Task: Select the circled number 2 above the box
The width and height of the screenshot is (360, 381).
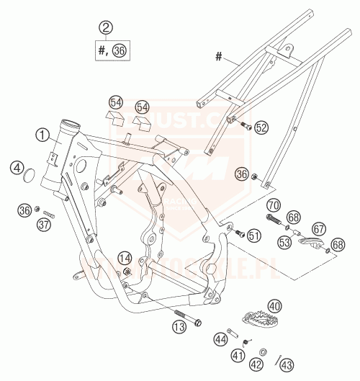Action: (107, 28)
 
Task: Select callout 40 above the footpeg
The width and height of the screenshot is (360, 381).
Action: (274, 305)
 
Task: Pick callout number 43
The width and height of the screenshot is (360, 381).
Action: (286, 364)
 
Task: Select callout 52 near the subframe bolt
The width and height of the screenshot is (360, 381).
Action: (261, 127)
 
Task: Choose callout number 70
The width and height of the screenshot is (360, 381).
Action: (274, 205)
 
